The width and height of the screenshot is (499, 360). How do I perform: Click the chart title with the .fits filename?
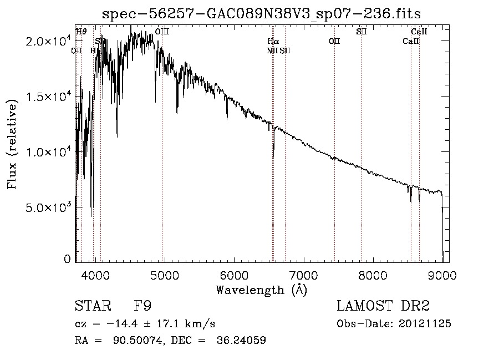(x=265, y=13)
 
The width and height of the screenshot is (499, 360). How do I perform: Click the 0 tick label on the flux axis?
(x=67, y=258)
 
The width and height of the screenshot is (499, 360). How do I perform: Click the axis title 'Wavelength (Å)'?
(x=261, y=290)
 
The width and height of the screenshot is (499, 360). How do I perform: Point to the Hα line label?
(x=273, y=41)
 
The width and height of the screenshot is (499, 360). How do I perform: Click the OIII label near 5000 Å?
(x=162, y=32)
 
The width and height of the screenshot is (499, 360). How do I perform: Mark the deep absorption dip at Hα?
(x=273, y=145)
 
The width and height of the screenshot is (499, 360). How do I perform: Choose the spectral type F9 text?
(x=143, y=306)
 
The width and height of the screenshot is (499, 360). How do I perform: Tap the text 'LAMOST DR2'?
(x=383, y=306)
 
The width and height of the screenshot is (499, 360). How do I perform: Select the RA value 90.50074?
(x=139, y=341)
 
